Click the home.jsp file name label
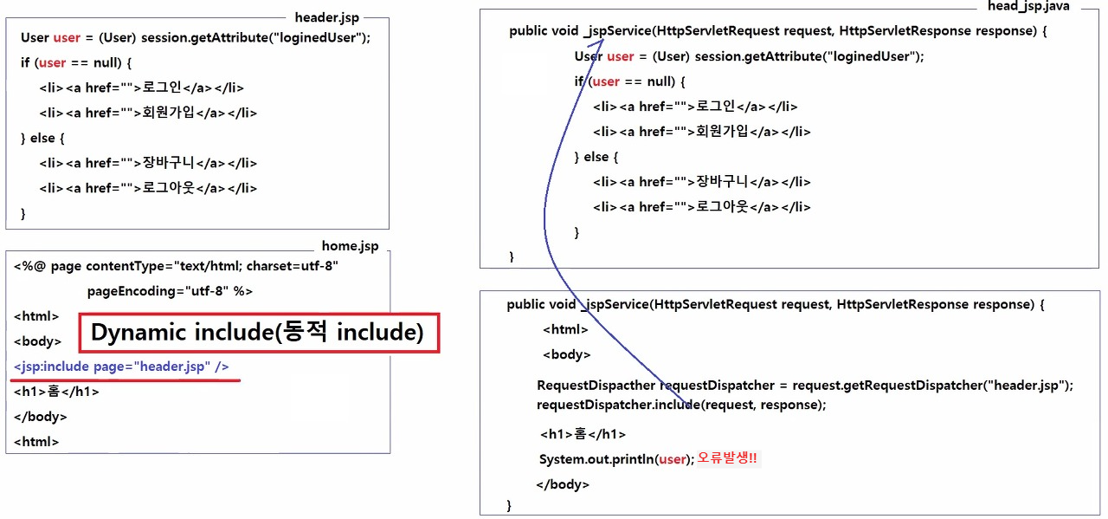tap(350, 246)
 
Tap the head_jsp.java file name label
tap(1028, 6)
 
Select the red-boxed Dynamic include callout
tap(259, 333)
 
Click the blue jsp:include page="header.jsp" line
tap(121, 367)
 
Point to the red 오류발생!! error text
tap(727, 458)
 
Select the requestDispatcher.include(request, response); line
tap(681, 405)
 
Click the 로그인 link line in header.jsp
tap(142, 88)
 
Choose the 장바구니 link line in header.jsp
tap(148, 163)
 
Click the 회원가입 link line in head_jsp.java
tap(702, 132)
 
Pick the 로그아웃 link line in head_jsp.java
tap(702, 207)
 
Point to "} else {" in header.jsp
tap(42, 138)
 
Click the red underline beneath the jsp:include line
tap(126, 380)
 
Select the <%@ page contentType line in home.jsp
tap(176, 266)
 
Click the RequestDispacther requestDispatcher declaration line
tap(805, 386)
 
